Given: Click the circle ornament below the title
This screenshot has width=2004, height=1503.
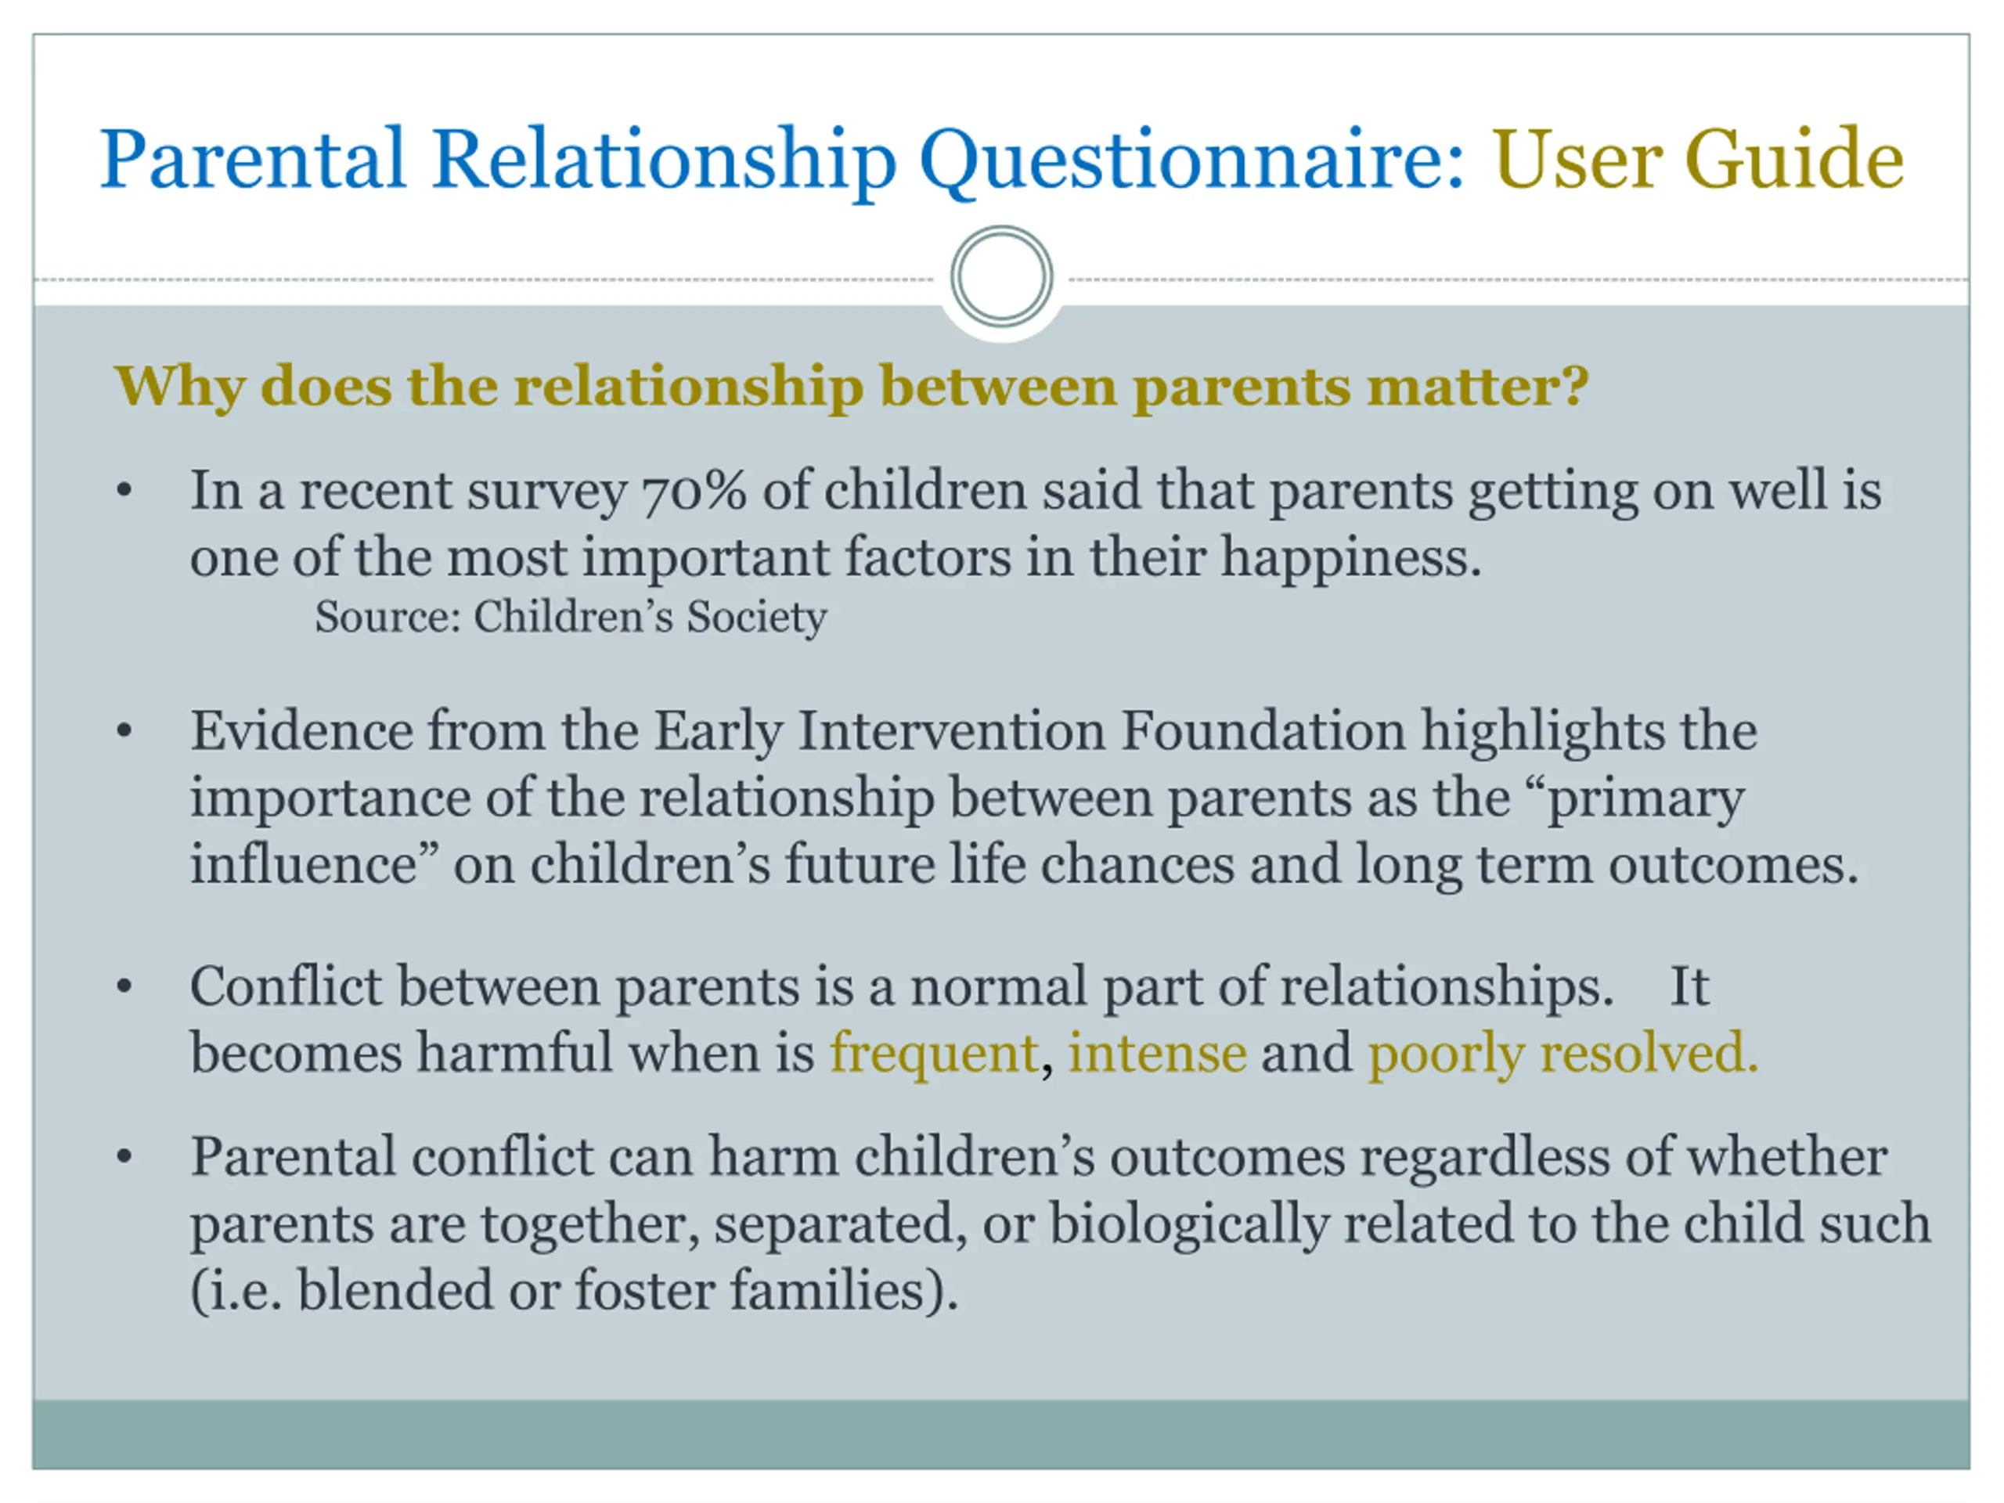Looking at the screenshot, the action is tap(1001, 276).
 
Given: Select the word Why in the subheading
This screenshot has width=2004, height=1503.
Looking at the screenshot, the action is tap(179, 387).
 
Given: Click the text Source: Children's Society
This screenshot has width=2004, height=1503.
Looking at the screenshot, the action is tap(571, 618).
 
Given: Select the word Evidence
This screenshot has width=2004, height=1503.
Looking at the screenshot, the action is tap(301, 730).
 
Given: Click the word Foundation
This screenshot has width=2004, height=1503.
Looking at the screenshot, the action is tap(1263, 730).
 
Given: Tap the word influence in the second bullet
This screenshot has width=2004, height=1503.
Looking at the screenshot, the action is tap(304, 863).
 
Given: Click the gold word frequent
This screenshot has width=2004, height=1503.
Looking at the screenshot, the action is tap(934, 1054).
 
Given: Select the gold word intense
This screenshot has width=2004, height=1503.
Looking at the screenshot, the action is tap(1157, 1053).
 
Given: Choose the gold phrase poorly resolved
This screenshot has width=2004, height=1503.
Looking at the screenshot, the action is tap(1562, 1054).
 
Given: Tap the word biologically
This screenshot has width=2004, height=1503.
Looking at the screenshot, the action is tap(1188, 1225).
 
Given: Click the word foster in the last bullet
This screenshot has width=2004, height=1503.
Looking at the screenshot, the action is tap(645, 1290).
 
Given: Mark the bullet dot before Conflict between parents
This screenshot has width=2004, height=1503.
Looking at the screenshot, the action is tap(125, 987).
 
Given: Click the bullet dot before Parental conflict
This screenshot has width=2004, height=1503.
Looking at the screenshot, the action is tap(125, 1158).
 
